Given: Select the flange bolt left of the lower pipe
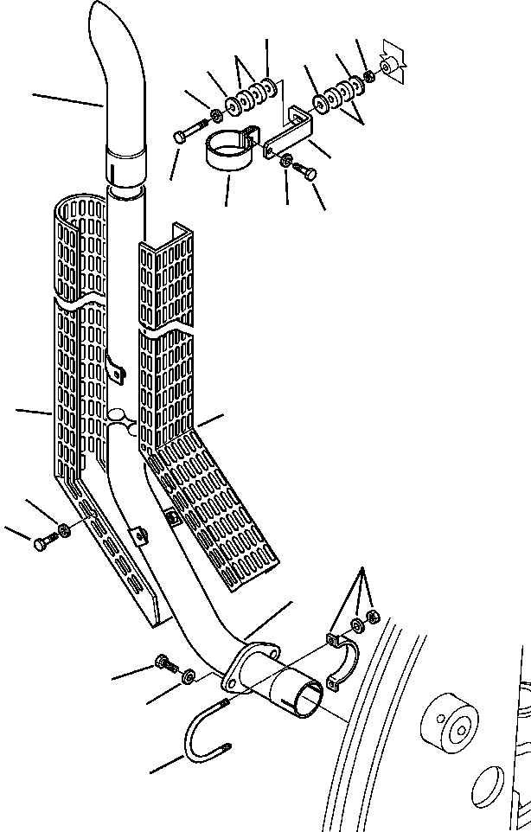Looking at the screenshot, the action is (165, 664).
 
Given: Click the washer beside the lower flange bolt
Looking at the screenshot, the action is (189, 675).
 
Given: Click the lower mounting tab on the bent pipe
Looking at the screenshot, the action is (137, 536).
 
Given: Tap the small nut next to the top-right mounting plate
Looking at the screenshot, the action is (370, 76).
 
